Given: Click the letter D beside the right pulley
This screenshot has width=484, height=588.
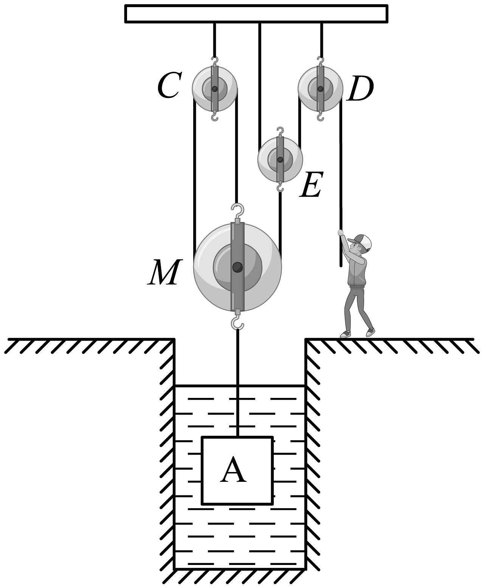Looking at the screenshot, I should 360,89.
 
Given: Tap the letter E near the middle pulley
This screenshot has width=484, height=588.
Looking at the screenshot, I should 311,185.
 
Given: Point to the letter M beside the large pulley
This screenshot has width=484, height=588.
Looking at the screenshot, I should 164,272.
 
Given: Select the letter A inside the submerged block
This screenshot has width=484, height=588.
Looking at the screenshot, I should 234,469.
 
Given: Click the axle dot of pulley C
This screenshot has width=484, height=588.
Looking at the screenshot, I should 215,89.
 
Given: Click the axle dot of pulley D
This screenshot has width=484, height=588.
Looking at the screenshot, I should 320,89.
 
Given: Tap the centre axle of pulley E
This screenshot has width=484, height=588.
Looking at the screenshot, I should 280,160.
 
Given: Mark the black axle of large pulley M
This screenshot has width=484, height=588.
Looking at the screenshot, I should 237,267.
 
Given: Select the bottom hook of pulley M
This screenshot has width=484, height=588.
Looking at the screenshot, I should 237,323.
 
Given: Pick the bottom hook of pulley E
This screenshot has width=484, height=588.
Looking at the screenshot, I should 280,187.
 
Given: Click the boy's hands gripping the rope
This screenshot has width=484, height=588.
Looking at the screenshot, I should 341,233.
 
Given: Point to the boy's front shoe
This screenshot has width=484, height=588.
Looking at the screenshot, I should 345,334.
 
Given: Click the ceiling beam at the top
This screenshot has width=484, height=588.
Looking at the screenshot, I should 256,14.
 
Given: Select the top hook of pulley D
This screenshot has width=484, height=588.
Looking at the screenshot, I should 321,60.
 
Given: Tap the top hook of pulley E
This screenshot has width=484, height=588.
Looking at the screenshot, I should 280,131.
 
